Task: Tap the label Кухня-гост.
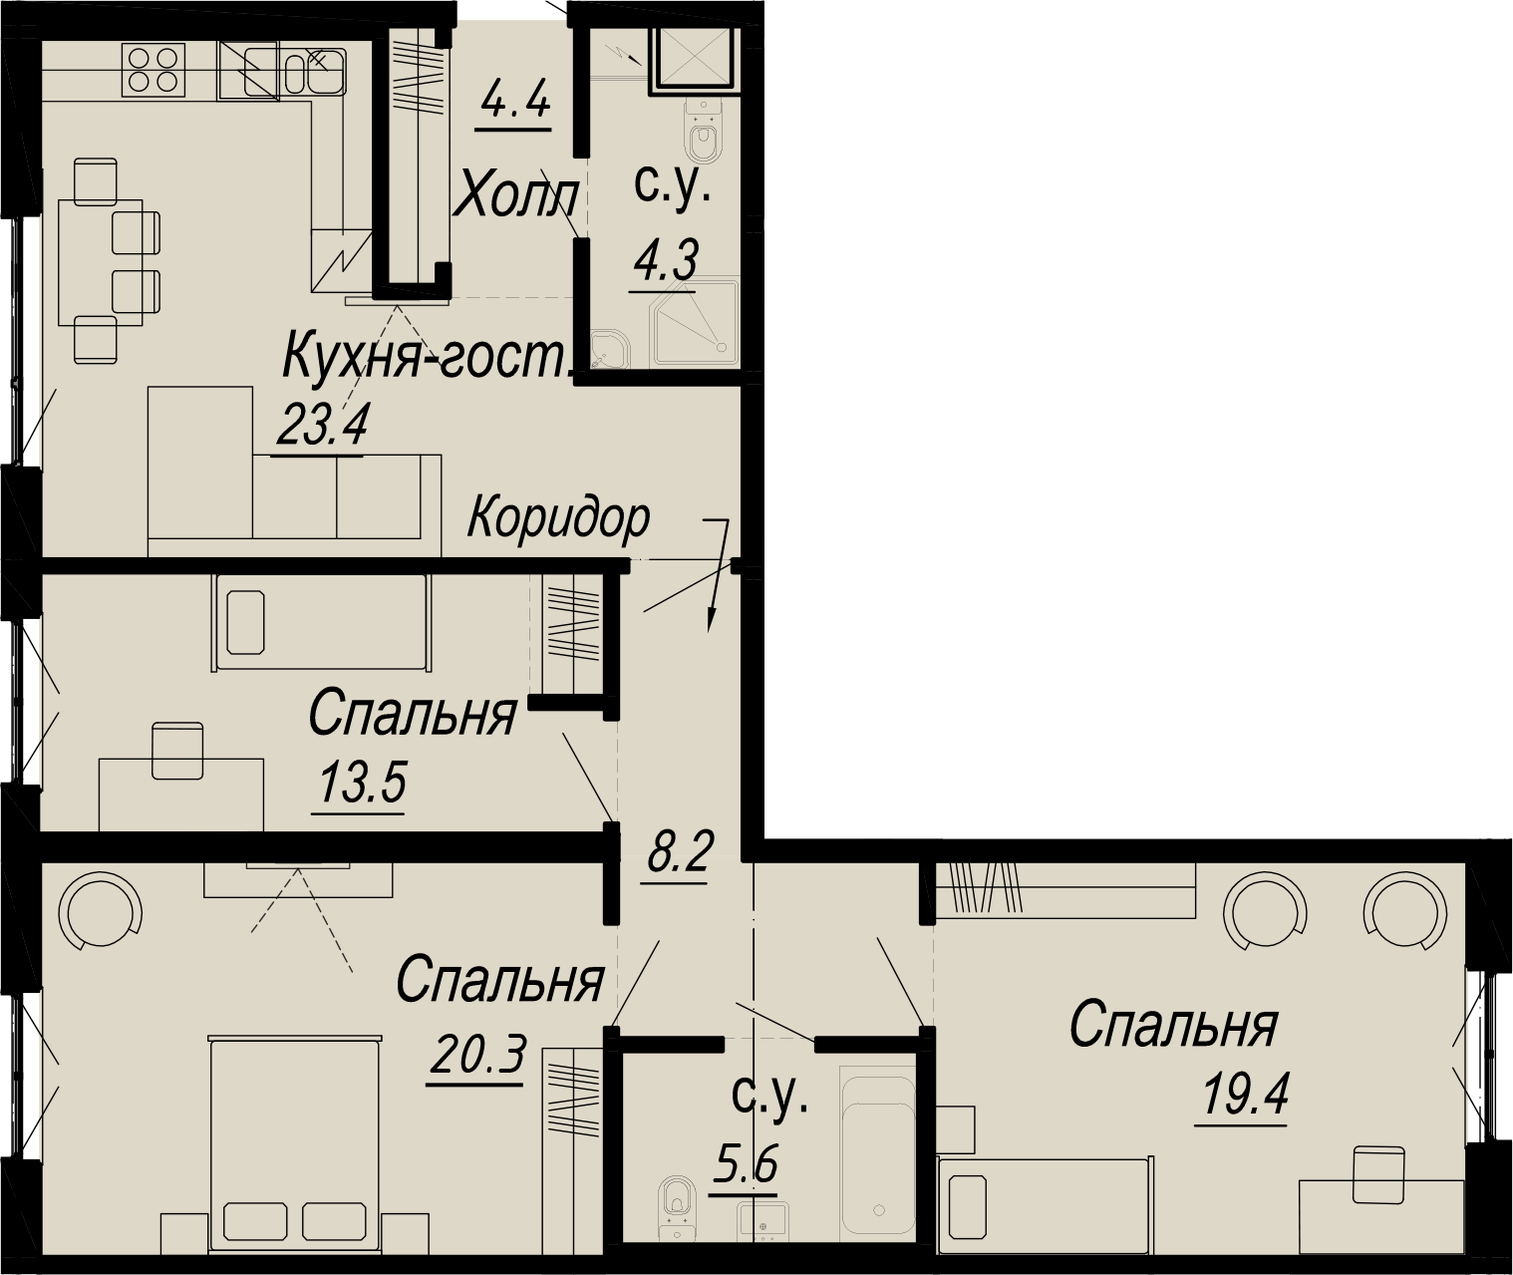[x=428, y=356]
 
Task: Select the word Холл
[x=516, y=197]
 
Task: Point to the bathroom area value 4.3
[x=665, y=260]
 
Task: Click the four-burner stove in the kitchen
[x=153, y=68]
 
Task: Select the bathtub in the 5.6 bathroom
[x=878, y=1159]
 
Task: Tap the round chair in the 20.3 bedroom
[x=100, y=912]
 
